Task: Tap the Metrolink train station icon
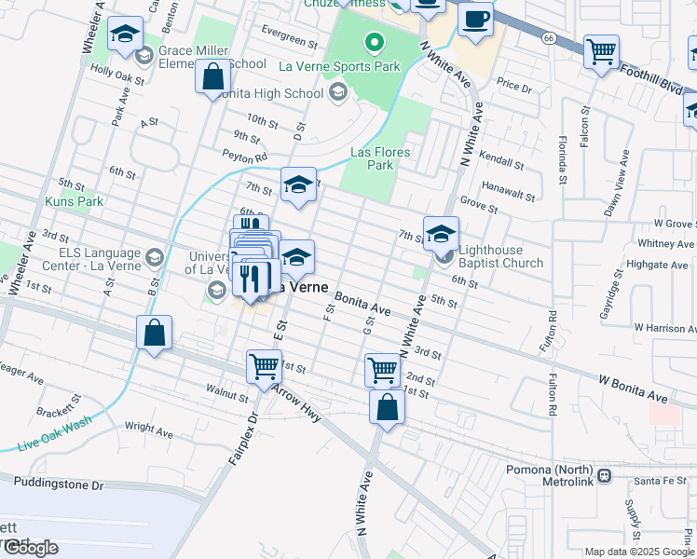tap(604, 475)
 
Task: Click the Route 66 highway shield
tap(549, 37)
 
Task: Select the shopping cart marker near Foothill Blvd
tap(601, 51)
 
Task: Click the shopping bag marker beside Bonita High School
tap(212, 75)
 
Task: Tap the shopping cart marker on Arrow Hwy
tap(265, 366)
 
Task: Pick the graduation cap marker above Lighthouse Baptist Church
tap(442, 232)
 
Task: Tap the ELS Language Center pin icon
tap(154, 257)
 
